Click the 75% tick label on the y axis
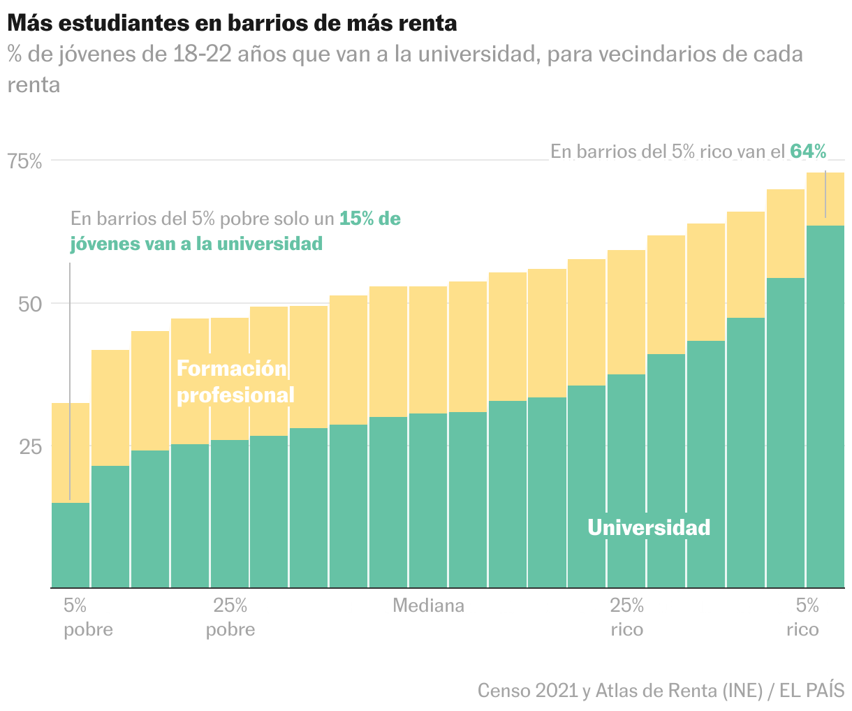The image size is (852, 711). (x=25, y=161)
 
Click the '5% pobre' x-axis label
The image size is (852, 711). (x=88, y=617)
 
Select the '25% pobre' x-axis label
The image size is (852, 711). (x=230, y=617)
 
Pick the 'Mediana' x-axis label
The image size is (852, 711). (x=429, y=606)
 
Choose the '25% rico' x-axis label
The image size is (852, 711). (x=626, y=617)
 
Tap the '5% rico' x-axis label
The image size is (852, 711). (x=802, y=617)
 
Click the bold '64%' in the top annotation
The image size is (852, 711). (x=808, y=152)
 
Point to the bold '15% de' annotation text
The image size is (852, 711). (x=370, y=219)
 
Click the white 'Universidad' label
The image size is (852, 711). (x=649, y=527)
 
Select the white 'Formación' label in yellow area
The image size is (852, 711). (x=232, y=368)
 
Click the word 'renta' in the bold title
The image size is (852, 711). (x=427, y=23)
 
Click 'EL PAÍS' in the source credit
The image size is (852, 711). (x=812, y=691)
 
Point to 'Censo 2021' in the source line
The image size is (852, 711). (x=527, y=691)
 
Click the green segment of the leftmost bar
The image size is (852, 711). (x=71, y=545)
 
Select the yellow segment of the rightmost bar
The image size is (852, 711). (x=825, y=199)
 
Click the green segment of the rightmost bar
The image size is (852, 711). (x=825, y=405)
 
